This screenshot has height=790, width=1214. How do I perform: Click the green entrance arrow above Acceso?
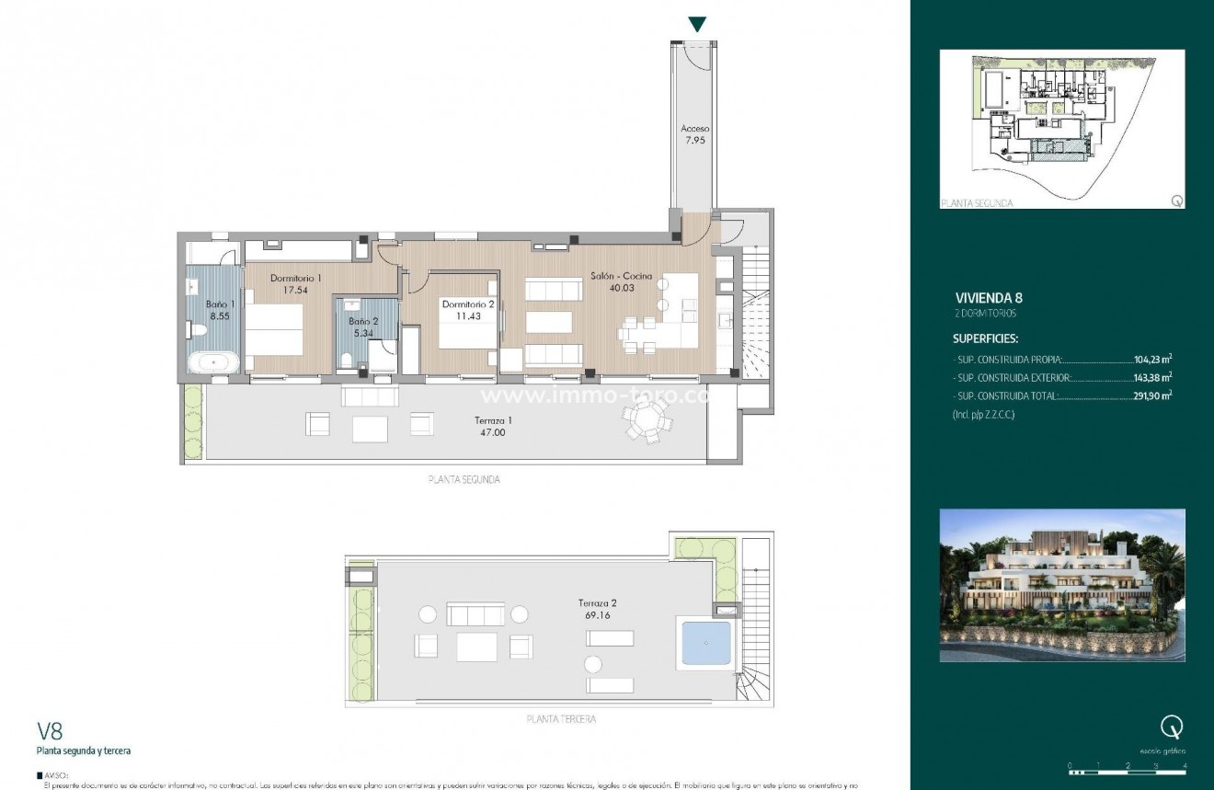coord(698,25)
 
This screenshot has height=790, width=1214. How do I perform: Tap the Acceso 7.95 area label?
coord(695,135)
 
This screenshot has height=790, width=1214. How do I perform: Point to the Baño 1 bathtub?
coord(214,362)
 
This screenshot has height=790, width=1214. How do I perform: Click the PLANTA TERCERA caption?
coord(560,719)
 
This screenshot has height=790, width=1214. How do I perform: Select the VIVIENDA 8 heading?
coord(989,298)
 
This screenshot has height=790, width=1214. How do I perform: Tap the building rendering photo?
coord(1062,585)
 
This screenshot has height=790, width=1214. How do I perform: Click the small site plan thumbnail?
coord(1062,129)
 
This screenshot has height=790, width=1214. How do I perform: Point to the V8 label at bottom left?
coord(50,731)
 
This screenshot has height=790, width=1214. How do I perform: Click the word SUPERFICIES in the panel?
coord(985,338)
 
